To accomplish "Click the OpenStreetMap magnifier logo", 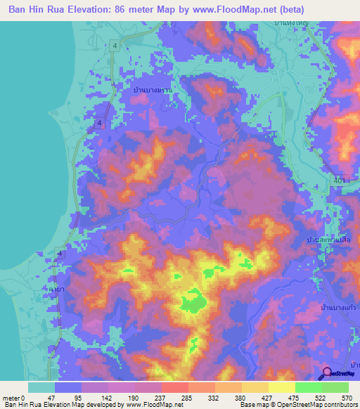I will click(326, 375).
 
